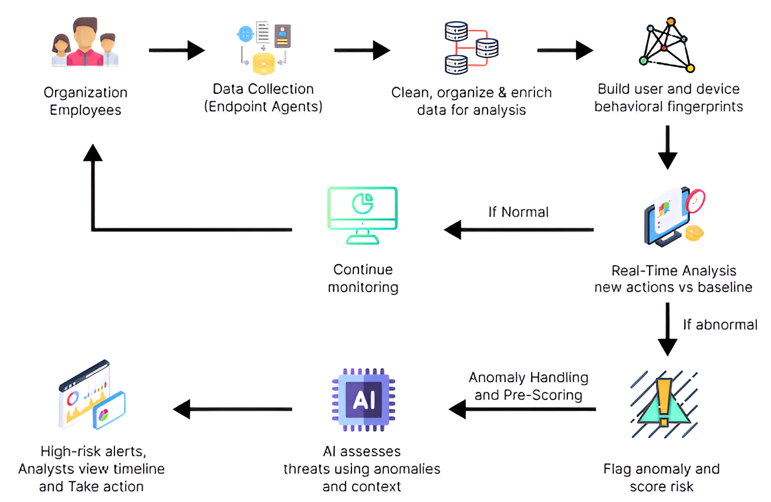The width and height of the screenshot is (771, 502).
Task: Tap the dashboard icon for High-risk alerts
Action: [92, 395]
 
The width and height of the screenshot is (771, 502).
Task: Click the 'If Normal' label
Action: [518, 212]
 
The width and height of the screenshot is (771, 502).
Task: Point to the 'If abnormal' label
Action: [719, 324]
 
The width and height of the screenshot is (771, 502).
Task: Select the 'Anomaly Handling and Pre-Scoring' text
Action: [528, 386]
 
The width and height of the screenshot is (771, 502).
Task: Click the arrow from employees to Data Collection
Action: [177, 50]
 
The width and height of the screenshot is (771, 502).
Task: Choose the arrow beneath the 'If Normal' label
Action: [519, 230]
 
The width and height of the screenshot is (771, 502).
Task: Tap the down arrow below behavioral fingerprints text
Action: [668, 147]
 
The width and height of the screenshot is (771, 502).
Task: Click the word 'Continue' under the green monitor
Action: [363, 270]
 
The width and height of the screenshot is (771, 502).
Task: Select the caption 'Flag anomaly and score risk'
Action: [661, 477]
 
